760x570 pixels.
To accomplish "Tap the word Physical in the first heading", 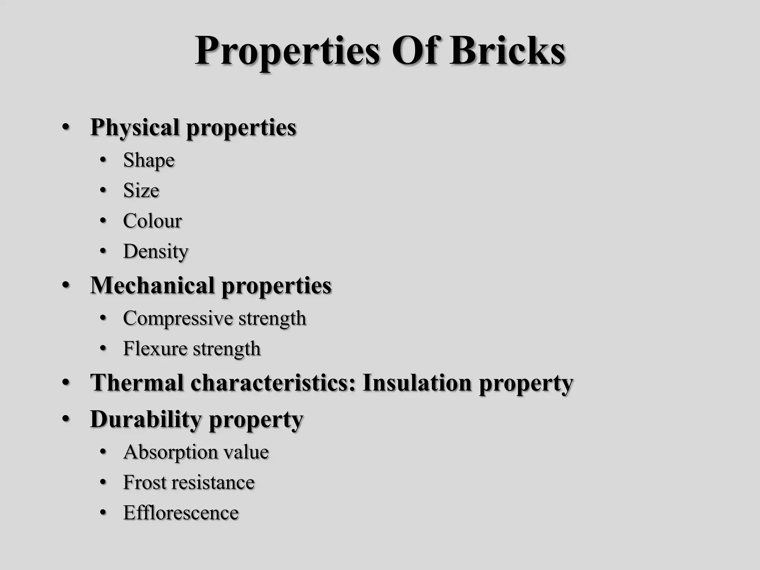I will click(135, 128).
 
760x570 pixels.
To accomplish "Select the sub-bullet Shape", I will click(149, 161).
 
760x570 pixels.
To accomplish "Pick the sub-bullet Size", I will click(141, 191).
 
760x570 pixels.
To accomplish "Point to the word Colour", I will click(152, 221).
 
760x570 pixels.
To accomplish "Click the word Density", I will click(155, 252).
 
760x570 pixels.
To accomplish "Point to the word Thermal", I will click(137, 383).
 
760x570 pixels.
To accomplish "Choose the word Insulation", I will click(417, 383).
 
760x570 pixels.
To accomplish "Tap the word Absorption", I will click(166, 452).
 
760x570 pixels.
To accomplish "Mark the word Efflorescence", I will click(181, 513).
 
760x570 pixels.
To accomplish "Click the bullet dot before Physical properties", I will click(66, 128).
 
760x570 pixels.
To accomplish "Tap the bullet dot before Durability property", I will click(66, 419).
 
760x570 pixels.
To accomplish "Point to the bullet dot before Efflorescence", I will click(103, 513).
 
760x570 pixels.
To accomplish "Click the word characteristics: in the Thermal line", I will click(273, 383).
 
